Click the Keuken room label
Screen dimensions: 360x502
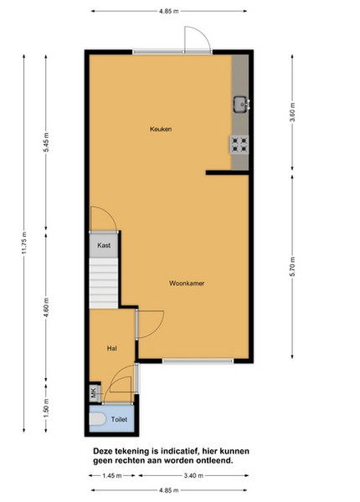pos(161,129)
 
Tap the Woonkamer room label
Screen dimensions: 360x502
pos(187,284)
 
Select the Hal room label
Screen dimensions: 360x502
pos(112,348)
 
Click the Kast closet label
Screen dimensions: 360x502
pos(104,245)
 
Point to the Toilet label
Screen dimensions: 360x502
pos(119,419)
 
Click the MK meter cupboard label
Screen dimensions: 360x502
pos(94,393)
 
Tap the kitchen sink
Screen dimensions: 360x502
pos(241,105)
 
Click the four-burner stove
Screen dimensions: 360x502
pos(239,145)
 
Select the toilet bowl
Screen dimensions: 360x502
pos(97,419)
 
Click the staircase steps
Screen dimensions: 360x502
pos(104,283)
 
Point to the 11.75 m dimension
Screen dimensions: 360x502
pos(24,243)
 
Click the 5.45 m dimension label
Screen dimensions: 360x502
pos(46,142)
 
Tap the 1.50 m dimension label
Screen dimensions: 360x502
pos(46,408)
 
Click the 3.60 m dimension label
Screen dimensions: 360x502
pos(292,112)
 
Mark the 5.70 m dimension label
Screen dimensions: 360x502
pos(292,267)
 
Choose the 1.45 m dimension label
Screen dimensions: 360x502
pos(112,476)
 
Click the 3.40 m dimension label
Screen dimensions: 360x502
pos(193,476)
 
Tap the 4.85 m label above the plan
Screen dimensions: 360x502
pos(169,12)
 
